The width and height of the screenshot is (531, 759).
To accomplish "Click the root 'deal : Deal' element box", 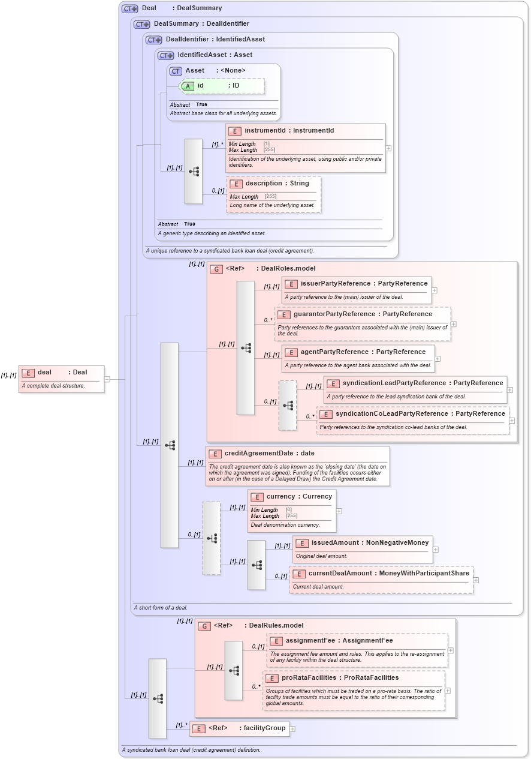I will (x=61, y=373).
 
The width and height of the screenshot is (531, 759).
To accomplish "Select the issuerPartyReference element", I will (x=357, y=284).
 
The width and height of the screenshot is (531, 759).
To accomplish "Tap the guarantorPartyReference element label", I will (x=362, y=314).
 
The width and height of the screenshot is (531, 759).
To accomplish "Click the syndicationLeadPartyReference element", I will (x=415, y=383).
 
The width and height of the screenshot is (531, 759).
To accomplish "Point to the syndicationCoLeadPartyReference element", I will (x=412, y=414).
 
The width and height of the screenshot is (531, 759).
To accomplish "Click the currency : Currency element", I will (x=291, y=497).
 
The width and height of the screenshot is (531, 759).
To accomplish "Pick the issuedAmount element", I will (x=362, y=543).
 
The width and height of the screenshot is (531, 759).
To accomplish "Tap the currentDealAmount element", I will (x=381, y=574).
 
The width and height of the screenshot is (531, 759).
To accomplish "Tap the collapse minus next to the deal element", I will (x=107, y=379).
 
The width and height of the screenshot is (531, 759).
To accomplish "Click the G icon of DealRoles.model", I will (x=216, y=269).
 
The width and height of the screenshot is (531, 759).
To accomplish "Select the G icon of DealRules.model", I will (x=204, y=626).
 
